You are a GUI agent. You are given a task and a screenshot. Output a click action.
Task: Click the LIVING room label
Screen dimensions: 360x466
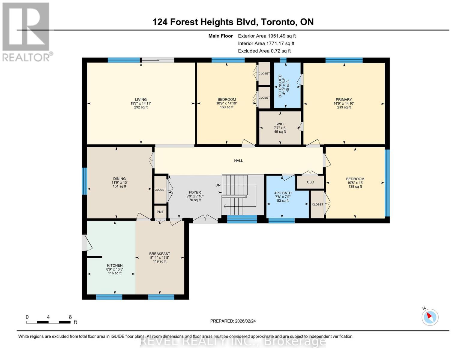pyautogui.click(x=141, y=100)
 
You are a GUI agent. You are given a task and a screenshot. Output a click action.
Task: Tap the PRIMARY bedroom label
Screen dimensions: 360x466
pyautogui.click(x=344, y=100)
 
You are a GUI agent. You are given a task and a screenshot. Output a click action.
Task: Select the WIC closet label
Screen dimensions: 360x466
pyautogui.click(x=280, y=124)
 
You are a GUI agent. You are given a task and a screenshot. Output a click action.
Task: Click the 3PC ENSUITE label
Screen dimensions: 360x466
pyautogui.click(x=280, y=86)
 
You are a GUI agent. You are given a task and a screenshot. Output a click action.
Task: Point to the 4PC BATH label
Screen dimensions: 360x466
pyautogui.click(x=283, y=193)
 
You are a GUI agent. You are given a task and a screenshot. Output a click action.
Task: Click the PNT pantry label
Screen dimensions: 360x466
pyautogui.click(x=160, y=212)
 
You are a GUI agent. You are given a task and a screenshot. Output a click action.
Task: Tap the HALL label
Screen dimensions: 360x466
pyautogui.click(x=239, y=161)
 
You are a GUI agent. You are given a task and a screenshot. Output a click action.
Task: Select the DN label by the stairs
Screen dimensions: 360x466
pyautogui.click(x=218, y=185)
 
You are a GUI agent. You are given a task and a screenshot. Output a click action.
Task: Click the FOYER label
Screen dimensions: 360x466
pyautogui.click(x=195, y=193)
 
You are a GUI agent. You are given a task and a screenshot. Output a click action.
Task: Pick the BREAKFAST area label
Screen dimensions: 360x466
pyautogui.click(x=160, y=254)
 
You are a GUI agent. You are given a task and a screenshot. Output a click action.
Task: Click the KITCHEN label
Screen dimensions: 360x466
pyautogui.click(x=115, y=265)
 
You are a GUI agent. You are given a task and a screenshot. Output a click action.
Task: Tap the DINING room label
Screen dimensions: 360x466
pyautogui.click(x=119, y=179)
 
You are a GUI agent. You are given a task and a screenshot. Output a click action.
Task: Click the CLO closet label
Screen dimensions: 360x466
pyautogui.click(x=310, y=182)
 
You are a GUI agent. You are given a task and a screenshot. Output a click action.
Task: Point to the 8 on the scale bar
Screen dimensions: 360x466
pyautogui.click(x=70, y=317)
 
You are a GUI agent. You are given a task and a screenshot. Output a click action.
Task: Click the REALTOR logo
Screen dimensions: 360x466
pyautogui.click(x=26, y=32)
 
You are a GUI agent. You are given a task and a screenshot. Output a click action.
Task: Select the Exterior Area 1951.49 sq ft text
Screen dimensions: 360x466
pyautogui.click(x=267, y=36)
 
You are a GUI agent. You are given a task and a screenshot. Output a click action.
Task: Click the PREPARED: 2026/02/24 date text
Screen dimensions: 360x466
pyautogui.click(x=233, y=321)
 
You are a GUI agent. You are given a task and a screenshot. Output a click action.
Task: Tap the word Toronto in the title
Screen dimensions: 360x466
pyautogui.click(x=278, y=22)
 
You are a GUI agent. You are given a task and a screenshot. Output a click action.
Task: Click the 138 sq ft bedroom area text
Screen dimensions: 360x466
pyautogui.click(x=355, y=187)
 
